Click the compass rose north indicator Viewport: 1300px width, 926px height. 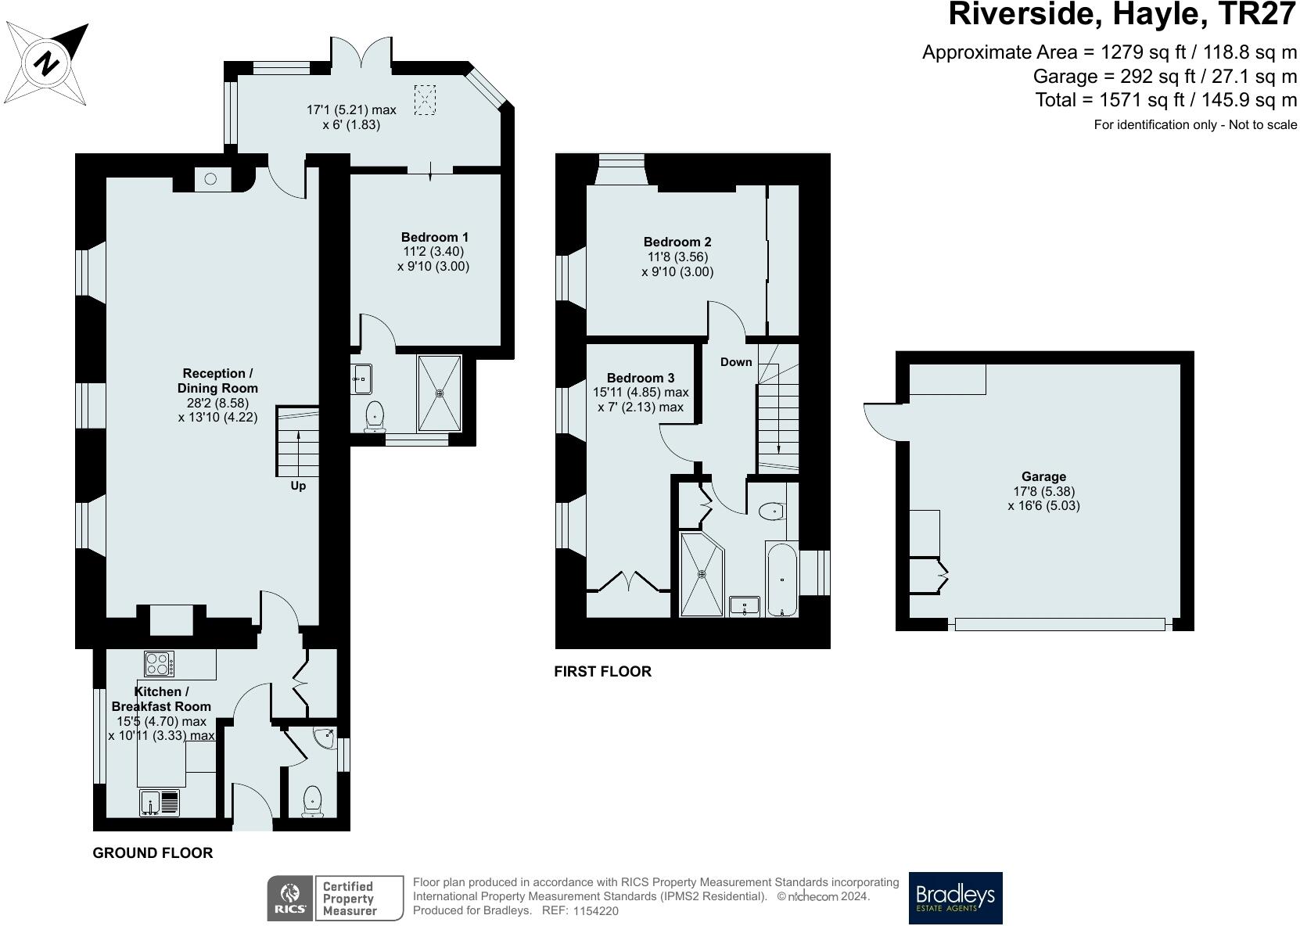click(48, 63)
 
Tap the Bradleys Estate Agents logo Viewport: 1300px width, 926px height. click(955, 898)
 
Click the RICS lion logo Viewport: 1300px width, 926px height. click(290, 898)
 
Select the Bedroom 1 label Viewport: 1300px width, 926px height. click(434, 237)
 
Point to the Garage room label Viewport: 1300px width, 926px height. click(1043, 476)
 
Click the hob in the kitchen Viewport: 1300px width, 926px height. click(160, 664)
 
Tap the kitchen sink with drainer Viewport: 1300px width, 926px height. click(160, 802)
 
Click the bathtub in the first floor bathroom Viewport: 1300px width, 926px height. click(782, 579)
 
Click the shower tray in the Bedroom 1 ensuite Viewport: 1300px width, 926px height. click(439, 393)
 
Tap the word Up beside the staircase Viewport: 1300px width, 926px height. click(298, 486)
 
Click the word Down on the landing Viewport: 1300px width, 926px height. click(736, 362)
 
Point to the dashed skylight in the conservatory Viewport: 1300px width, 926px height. click(424, 100)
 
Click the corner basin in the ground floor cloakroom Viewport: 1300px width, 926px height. click(325, 738)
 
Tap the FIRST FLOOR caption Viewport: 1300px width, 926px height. click(602, 671)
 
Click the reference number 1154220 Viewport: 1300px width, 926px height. click(596, 911)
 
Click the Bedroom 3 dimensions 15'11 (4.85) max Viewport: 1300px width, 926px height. click(641, 393)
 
